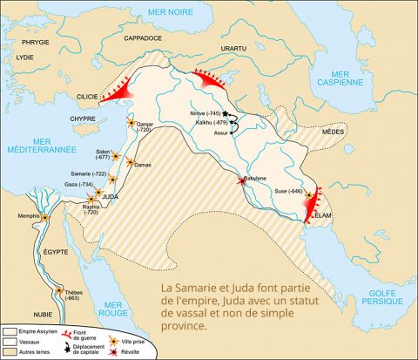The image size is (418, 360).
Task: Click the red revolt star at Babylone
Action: click(x=243, y=181)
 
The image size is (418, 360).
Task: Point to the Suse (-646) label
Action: click(x=288, y=191)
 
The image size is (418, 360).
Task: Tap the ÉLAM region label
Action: click(x=323, y=211)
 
